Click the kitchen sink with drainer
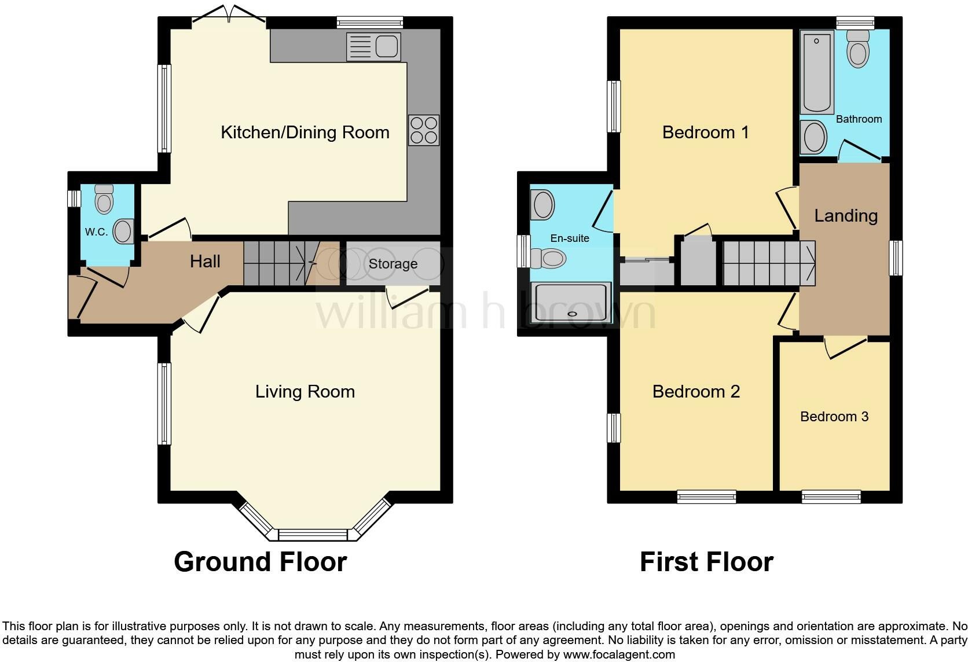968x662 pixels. (x=373, y=47)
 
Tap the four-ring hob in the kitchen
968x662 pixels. (x=424, y=130)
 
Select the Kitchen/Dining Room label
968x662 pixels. (x=305, y=133)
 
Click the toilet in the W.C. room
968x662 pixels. (x=104, y=200)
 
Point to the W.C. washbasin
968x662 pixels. (x=123, y=231)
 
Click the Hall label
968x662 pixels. (x=205, y=262)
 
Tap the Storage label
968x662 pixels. (x=393, y=264)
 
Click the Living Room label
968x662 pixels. (x=305, y=392)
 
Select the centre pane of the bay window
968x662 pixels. (x=313, y=534)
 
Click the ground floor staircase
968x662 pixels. (x=274, y=263)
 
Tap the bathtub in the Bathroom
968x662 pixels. (x=817, y=72)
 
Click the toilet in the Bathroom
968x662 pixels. (x=858, y=49)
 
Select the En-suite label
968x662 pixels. (x=570, y=238)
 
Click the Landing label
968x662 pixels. (x=845, y=216)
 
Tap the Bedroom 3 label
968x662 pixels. (x=834, y=417)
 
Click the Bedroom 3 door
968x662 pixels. (x=846, y=348)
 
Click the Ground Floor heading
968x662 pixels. (x=260, y=562)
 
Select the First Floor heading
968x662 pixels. (x=706, y=562)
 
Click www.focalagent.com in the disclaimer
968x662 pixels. (x=618, y=655)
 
